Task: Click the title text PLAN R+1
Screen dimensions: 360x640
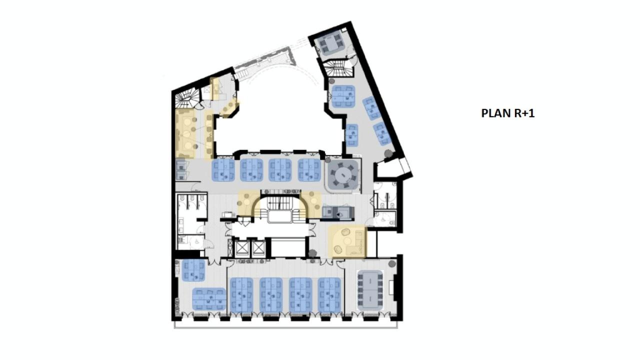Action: point(507,113)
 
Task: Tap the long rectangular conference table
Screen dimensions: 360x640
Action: point(370,289)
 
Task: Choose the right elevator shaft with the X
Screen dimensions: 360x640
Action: point(258,247)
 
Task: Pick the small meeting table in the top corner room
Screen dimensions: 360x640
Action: point(330,44)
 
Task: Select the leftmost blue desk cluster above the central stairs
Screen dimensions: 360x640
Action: point(223,170)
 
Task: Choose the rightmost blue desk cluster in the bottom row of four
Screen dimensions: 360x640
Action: point(329,294)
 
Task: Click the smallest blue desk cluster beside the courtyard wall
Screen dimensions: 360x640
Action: point(352,134)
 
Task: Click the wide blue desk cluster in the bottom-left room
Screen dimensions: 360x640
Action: point(209,298)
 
